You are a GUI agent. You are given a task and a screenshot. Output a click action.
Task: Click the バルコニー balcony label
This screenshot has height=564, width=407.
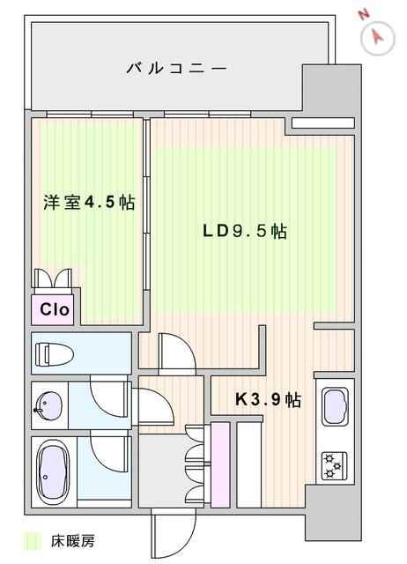coord(176,67)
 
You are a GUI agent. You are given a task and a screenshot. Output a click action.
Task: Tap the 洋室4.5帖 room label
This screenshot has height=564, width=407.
coord(89,203)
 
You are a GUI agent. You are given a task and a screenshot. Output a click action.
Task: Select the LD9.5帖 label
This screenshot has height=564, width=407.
coord(244,232)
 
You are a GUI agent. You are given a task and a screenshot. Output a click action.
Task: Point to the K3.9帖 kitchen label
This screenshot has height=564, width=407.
coord(268,400)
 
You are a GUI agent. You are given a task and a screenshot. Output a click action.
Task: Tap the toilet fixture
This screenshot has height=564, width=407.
coord(53,354)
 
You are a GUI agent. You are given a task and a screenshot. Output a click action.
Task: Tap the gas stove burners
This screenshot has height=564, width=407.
coord(335,464)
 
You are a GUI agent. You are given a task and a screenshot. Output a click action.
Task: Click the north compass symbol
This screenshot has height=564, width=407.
coord(378,36)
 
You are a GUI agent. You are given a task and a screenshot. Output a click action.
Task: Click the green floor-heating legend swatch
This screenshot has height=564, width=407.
coord(33,540)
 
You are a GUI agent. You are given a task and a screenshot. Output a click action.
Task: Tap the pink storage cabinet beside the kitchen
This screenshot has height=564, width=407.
coord(220,464)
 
